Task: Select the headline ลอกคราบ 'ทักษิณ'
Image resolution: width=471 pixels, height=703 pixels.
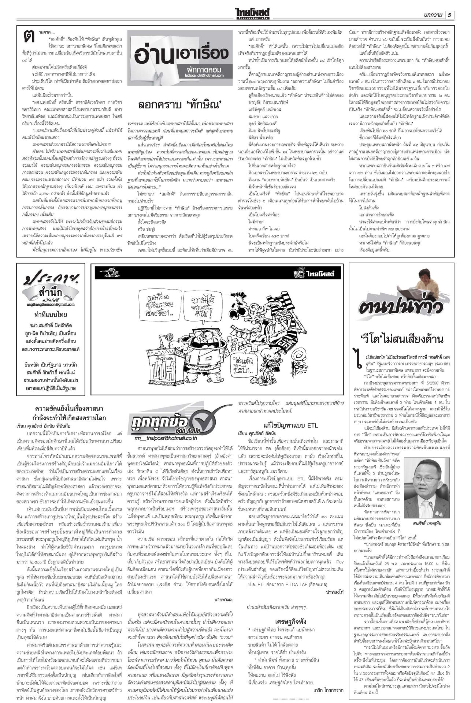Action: pos(181,105)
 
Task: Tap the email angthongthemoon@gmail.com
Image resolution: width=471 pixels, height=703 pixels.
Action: pos(51,304)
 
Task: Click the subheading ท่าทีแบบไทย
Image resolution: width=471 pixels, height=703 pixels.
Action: pos(51,315)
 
